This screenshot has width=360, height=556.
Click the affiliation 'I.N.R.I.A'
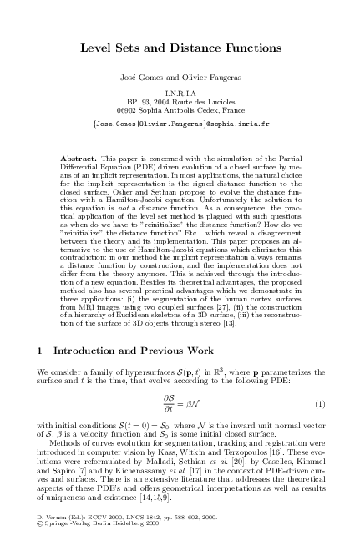[x=180, y=94]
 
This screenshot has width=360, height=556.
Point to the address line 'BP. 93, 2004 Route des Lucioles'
[x=180, y=102]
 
